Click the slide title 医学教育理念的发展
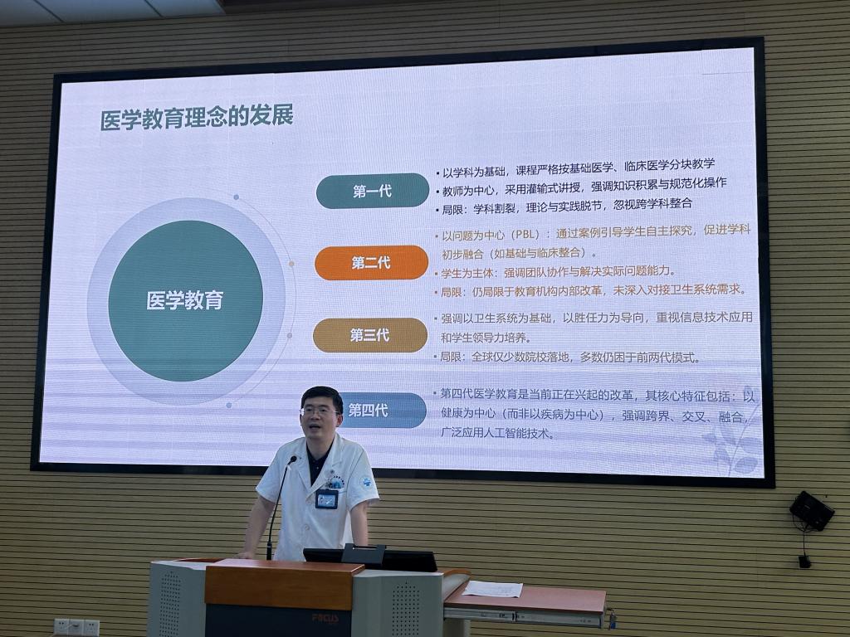point(197,118)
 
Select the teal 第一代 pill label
point(373,191)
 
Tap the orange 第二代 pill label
point(371,263)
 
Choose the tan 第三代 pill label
point(370,335)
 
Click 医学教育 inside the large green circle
point(185,300)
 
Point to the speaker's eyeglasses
point(320,411)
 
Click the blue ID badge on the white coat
point(326,498)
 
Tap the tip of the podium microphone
point(293,460)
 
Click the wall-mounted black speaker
point(812,510)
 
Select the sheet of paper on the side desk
point(493,589)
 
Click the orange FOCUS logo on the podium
point(325,618)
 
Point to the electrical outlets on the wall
point(76,627)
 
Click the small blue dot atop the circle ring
point(236,197)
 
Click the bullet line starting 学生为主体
point(554,272)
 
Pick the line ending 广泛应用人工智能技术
point(497,433)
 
